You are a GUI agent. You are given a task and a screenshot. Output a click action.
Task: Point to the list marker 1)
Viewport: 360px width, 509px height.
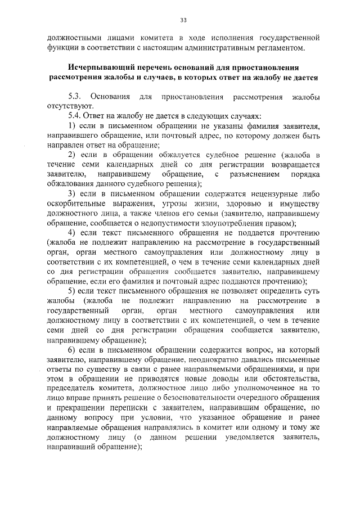click(72, 125)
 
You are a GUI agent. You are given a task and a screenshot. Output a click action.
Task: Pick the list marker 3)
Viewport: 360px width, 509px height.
click(72, 193)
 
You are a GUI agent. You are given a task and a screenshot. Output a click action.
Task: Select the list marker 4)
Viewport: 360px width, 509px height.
click(72, 232)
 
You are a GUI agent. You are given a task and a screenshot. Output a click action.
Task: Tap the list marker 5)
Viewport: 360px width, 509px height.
click(72, 291)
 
